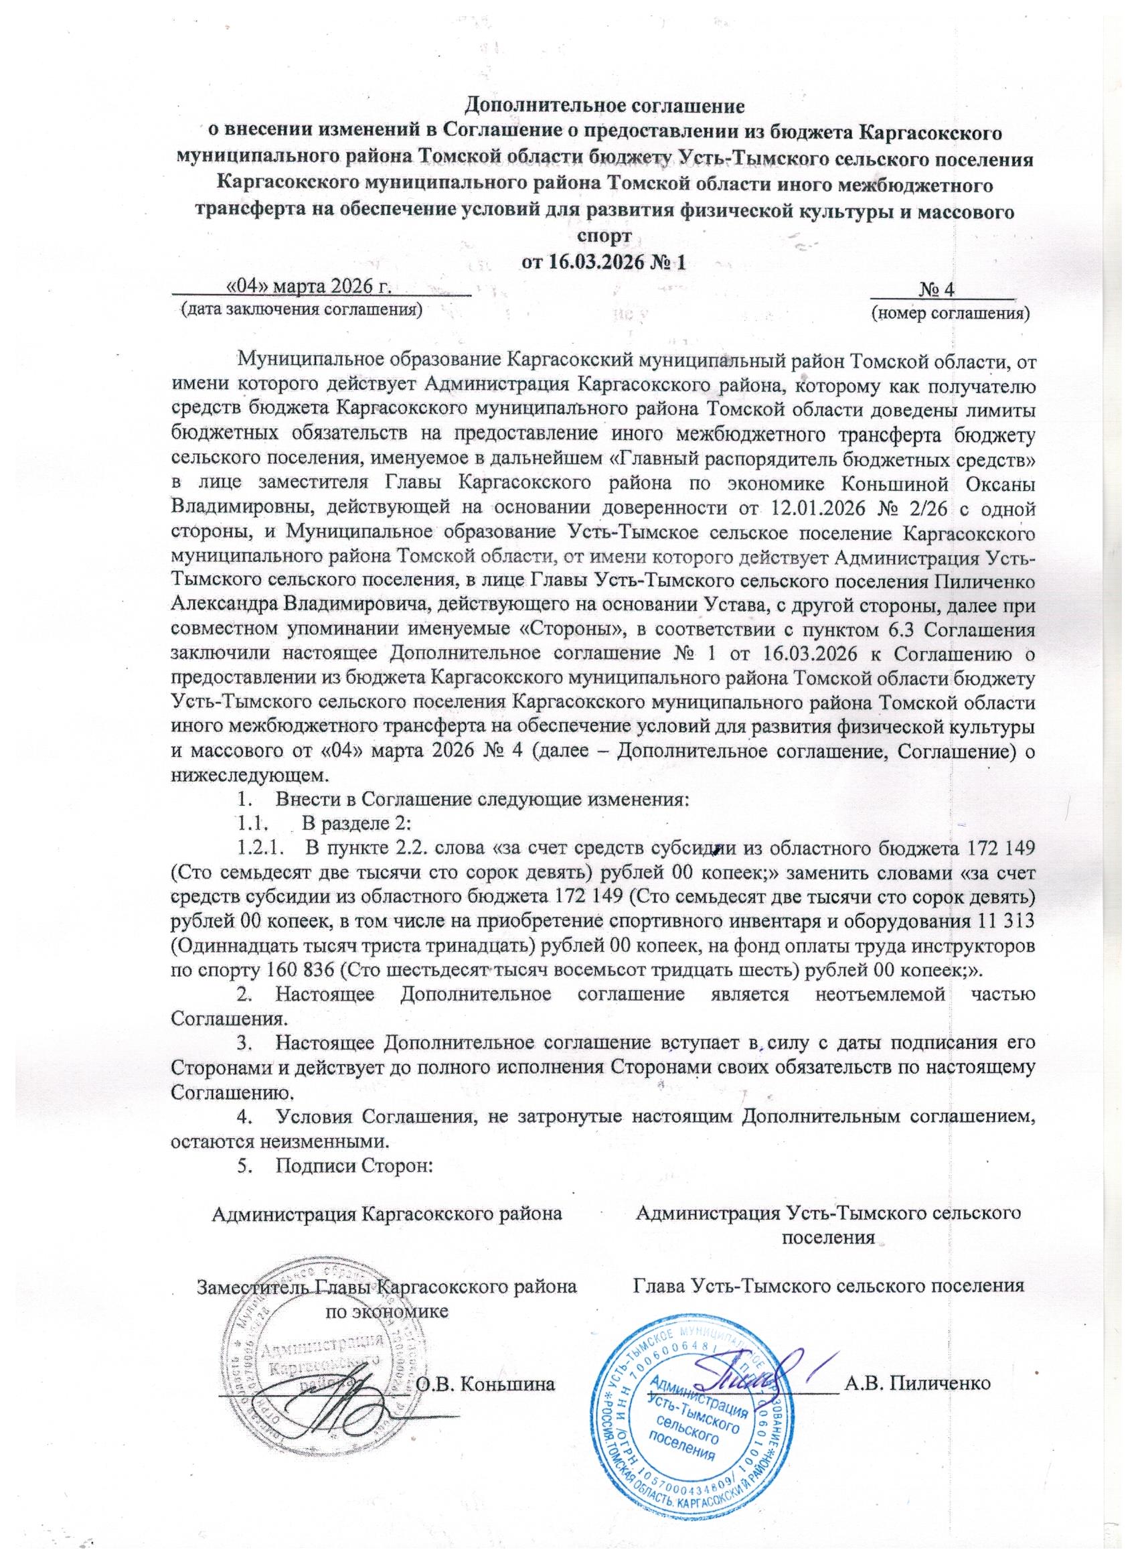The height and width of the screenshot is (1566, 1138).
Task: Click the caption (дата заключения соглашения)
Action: coord(301,308)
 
